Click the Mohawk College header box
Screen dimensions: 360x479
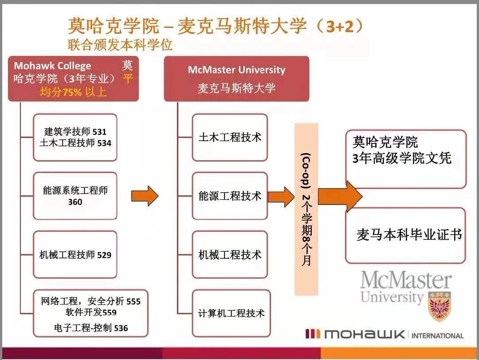(74, 79)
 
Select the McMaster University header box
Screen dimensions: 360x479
(236, 79)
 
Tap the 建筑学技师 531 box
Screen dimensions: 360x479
(75, 137)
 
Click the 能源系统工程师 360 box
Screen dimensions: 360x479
(75, 196)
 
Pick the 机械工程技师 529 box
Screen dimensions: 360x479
(75, 255)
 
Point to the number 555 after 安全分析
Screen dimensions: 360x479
(133, 302)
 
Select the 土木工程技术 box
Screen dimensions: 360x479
(230, 137)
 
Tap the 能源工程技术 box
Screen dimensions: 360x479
(230, 196)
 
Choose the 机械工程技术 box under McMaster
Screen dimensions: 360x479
(230, 255)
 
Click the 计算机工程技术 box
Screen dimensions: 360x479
(231, 313)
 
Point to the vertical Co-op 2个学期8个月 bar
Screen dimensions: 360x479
(306, 209)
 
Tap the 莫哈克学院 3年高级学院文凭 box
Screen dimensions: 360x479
(405, 159)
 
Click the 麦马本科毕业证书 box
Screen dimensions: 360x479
(405, 235)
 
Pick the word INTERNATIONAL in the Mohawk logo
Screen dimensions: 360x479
(437, 336)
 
